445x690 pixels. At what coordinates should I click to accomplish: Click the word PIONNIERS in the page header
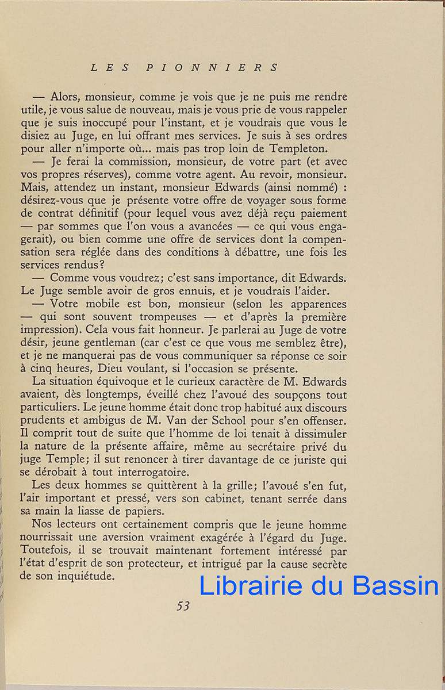pos(212,67)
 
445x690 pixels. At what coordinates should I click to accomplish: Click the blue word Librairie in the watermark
pos(251,585)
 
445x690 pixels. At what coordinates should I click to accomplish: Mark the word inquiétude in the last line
pos(82,576)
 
